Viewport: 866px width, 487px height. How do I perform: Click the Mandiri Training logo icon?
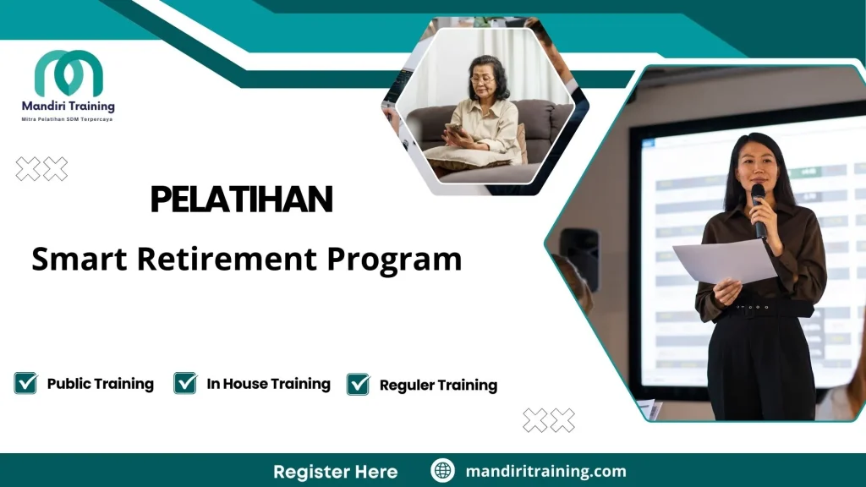(x=69, y=74)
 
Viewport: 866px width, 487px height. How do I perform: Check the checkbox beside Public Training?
(x=25, y=383)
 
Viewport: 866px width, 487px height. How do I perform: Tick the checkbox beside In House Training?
(x=185, y=383)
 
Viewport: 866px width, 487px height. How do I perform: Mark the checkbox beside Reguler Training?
(x=359, y=385)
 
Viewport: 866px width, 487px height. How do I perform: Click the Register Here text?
(x=335, y=471)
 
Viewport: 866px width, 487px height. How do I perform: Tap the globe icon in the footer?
(x=442, y=471)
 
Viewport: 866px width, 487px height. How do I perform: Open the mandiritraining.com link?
(x=545, y=471)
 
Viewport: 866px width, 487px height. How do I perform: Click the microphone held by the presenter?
(x=758, y=207)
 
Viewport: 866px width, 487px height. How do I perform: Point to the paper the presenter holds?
(x=723, y=261)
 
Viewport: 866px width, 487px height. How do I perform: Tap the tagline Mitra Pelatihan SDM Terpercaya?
(x=67, y=120)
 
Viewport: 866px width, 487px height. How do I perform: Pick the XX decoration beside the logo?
(x=41, y=169)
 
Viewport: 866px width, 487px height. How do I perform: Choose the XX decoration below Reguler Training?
(x=549, y=420)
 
